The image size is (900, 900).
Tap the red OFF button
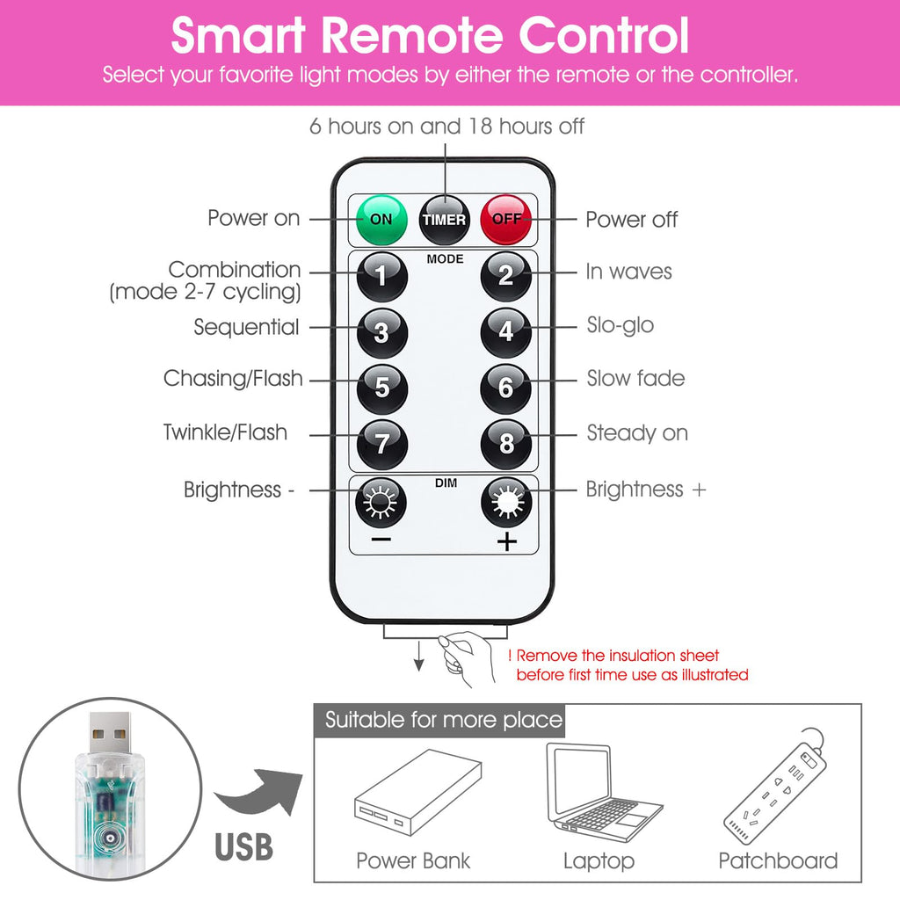click(505, 220)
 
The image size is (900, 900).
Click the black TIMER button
click(444, 220)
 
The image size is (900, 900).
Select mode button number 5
click(382, 388)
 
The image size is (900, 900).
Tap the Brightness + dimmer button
click(506, 502)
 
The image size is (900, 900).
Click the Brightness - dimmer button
click(381, 502)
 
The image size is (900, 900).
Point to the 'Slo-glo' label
click(620, 325)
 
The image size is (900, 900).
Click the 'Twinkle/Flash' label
click(225, 432)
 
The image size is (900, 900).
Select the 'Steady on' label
click(637, 432)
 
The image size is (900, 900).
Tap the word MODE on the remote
click(445, 259)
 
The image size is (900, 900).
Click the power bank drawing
click(417, 792)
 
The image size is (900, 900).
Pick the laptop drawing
click(603, 793)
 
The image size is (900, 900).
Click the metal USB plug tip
click(110, 733)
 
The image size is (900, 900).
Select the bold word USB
click(244, 847)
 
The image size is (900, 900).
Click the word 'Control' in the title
click(603, 35)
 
